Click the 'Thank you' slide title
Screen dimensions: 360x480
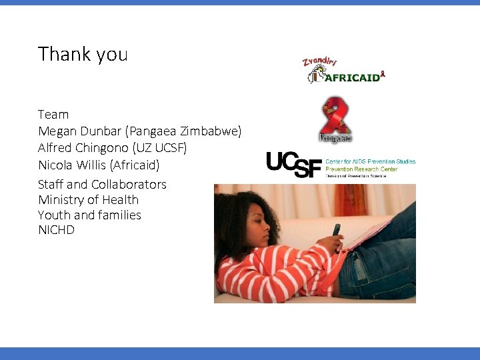coord(83,54)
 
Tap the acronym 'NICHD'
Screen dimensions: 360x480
coord(56,231)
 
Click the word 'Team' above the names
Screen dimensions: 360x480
coord(53,115)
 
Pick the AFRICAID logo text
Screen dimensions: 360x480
coord(352,77)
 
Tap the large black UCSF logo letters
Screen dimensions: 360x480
coord(293,165)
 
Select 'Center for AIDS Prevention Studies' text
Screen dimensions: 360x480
coord(370,161)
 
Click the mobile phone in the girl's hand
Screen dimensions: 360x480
coord(336,230)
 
